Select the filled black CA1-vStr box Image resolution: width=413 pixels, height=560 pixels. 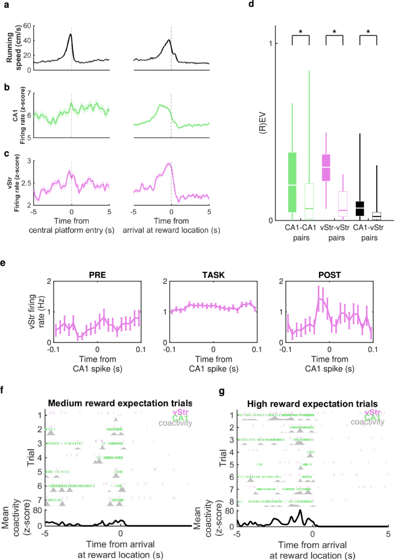pos(360,208)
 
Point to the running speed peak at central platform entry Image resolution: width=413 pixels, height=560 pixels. pos(71,34)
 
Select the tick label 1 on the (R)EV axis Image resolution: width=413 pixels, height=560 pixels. pos(272,43)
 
